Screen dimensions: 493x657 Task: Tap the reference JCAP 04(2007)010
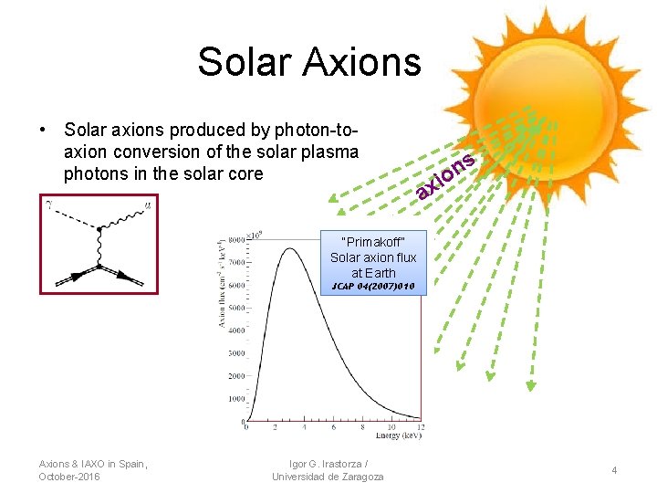click(373, 287)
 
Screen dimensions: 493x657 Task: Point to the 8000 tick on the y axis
click(235, 239)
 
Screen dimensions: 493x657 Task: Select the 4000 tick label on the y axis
click(235, 330)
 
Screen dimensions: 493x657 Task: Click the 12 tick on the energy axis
click(419, 427)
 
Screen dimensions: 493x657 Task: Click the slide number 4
click(615, 470)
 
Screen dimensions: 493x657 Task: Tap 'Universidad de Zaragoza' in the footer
click(328, 477)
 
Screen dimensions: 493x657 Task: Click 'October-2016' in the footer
click(70, 477)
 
